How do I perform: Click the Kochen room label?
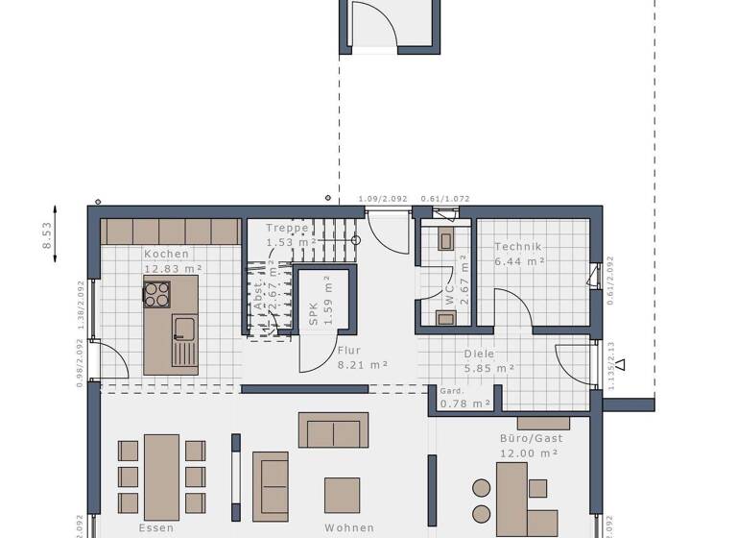[x=167, y=254]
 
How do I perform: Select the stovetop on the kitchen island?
[x=157, y=293]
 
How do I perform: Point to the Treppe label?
[x=287, y=229]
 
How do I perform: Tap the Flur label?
[x=348, y=351]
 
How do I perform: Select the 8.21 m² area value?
[x=362, y=365]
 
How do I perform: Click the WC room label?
[x=448, y=296]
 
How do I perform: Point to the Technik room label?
[x=518, y=246]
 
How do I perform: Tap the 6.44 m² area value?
[x=519, y=260]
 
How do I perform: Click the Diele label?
[x=480, y=353]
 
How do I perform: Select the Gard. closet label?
[x=451, y=391]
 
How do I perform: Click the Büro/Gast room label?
[x=530, y=438]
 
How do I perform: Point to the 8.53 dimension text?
[x=46, y=234]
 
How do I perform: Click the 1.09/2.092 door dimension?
[x=382, y=199]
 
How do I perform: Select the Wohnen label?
[x=348, y=527]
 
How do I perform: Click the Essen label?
[x=156, y=527]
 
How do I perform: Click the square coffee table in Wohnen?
[x=342, y=495]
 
